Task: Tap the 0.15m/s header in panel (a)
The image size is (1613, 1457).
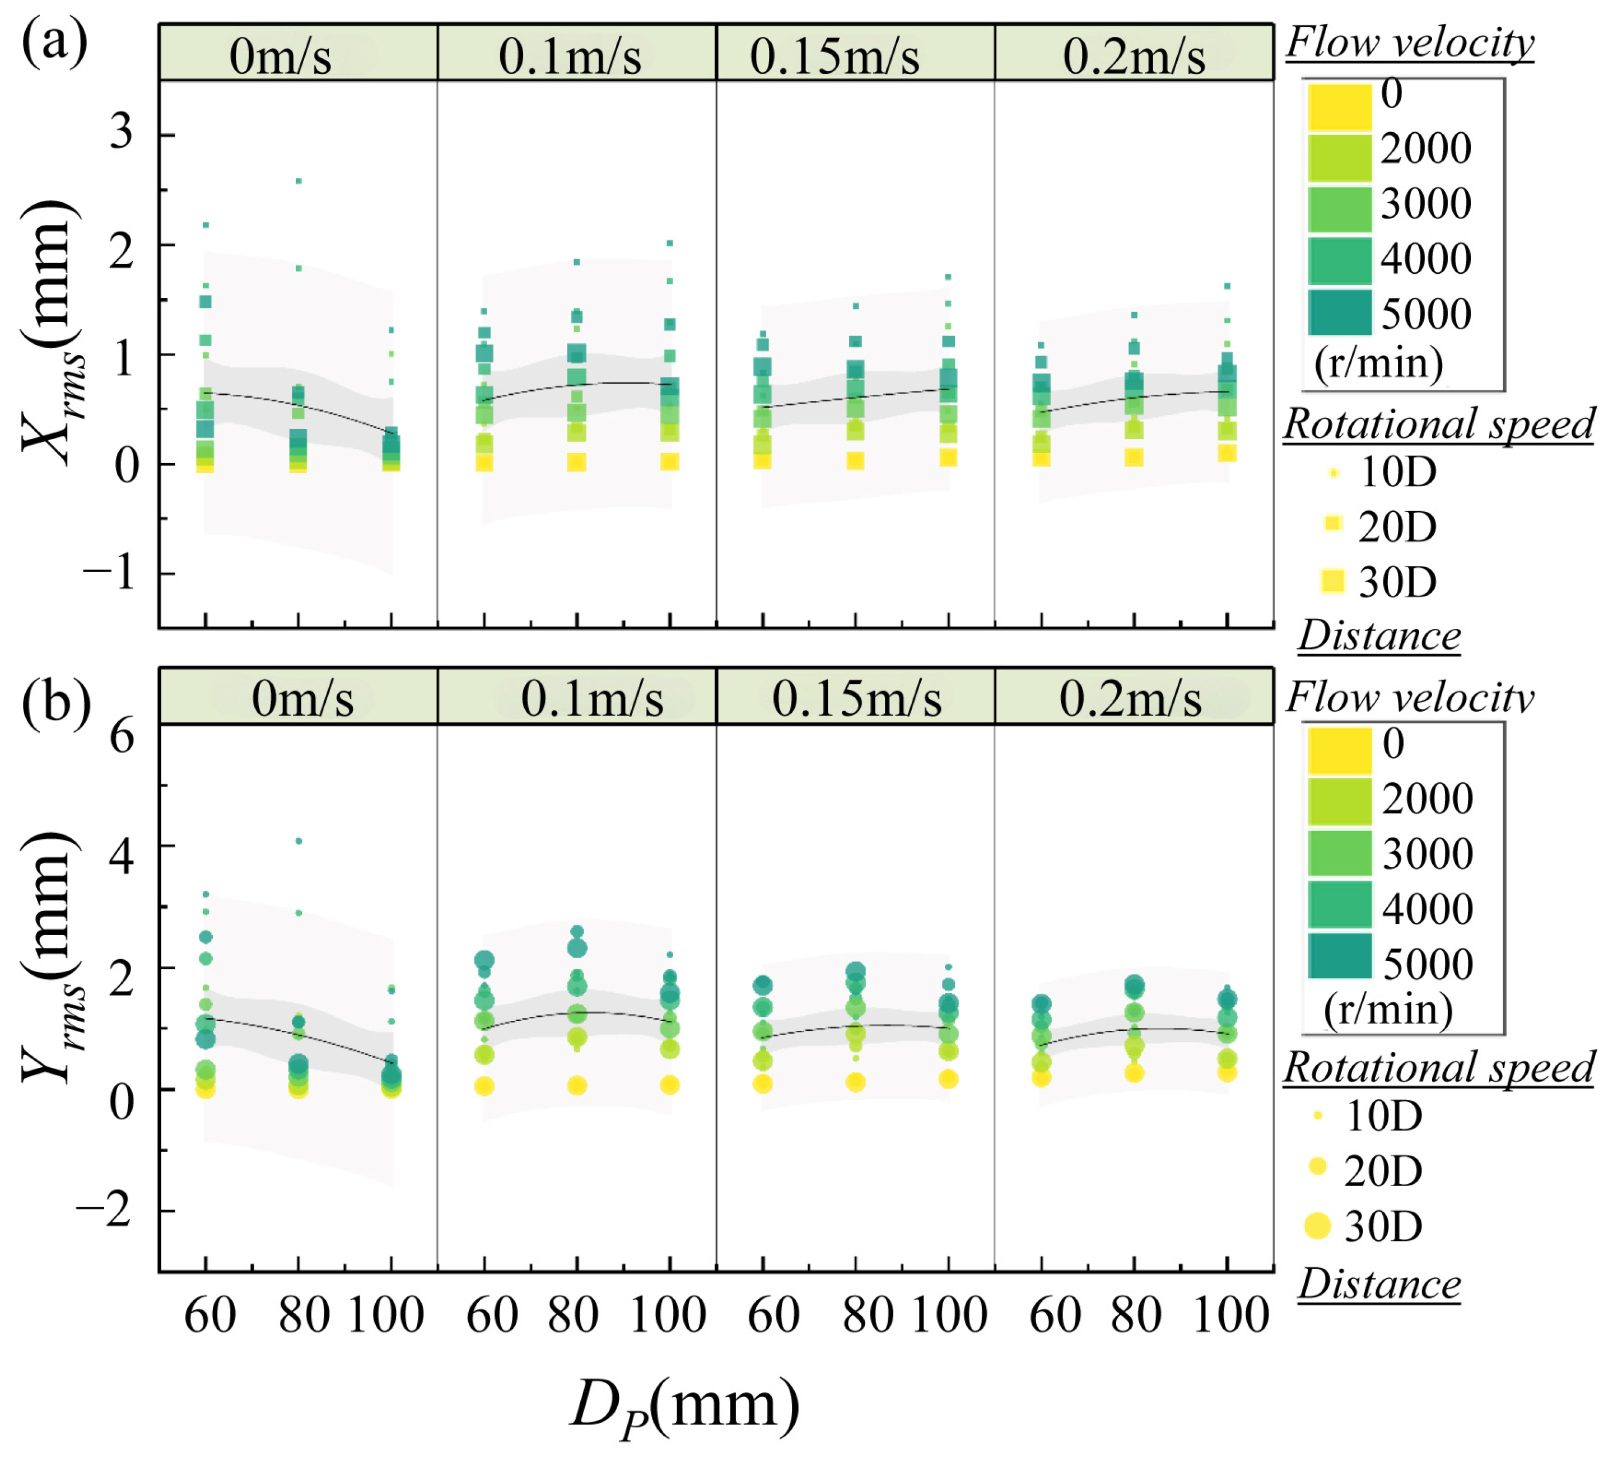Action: tap(835, 56)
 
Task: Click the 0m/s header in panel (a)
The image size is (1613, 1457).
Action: tap(280, 56)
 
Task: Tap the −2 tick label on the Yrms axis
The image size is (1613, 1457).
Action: tap(104, 1211)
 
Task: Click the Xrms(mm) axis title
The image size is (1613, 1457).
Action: tap(52, 332)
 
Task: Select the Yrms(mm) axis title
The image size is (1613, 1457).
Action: tap(52, 958)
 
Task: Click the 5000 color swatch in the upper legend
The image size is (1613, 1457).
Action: tap(1339, 313)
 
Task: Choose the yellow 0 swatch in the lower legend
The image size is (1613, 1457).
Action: tap(1339, 750)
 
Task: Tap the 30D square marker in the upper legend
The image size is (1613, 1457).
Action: tap(1333, 581)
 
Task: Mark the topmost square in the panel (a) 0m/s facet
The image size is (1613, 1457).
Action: tap(299, 181)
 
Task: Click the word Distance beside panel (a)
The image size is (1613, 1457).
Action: tap(1379, 636)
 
